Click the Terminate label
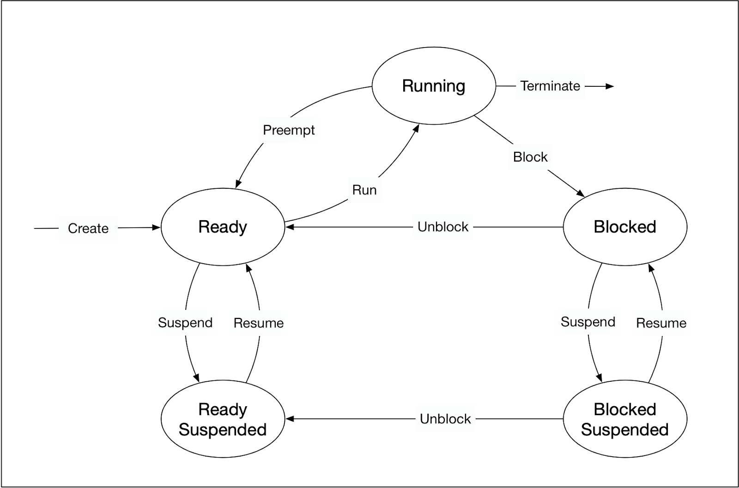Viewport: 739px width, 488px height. (550, 86)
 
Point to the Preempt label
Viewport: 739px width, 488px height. (289, 130)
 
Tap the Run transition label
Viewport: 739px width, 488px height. (364, 190)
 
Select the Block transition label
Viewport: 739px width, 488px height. (530, 157)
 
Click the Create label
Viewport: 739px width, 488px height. (88, 228)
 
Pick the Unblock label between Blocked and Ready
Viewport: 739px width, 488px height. (443, 227)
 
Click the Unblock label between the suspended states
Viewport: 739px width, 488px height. (445, 419)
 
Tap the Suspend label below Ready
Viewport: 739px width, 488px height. (185, 323)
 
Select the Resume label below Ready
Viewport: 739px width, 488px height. (259, 323)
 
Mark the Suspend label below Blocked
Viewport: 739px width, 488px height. (588, 322)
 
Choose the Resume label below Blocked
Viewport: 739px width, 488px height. (661, 323)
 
